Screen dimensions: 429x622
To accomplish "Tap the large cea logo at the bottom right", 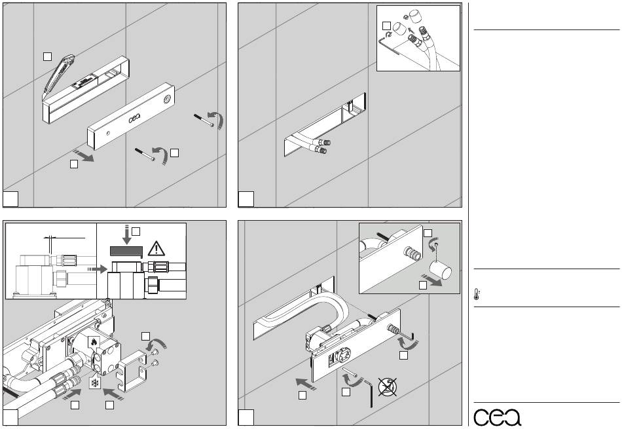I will click(x=498, y=415).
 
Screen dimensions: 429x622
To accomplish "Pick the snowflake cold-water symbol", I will click(x=95, y=382).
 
